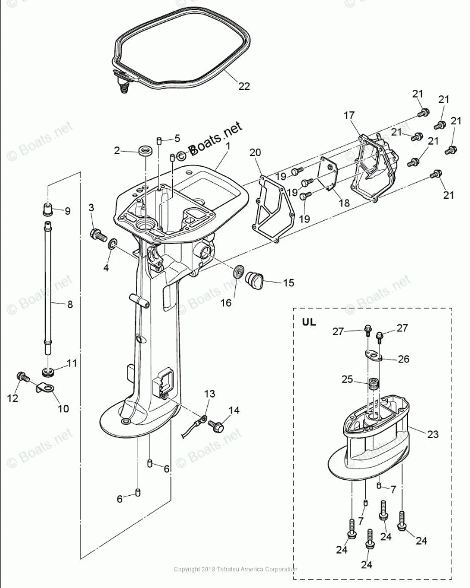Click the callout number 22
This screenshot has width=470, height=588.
(244, 86)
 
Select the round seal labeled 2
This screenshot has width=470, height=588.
(144, 151)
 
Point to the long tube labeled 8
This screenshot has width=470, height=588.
(48, 286)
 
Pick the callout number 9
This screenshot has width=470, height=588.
(67, 211)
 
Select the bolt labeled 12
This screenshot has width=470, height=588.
(23, 377)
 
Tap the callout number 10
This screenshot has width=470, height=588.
(63, 409)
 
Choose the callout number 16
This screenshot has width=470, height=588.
(226, 303)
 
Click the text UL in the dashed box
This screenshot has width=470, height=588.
(309, 322)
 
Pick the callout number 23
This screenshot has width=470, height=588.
(432, 434)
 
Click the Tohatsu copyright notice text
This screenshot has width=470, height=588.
(235, 570)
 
